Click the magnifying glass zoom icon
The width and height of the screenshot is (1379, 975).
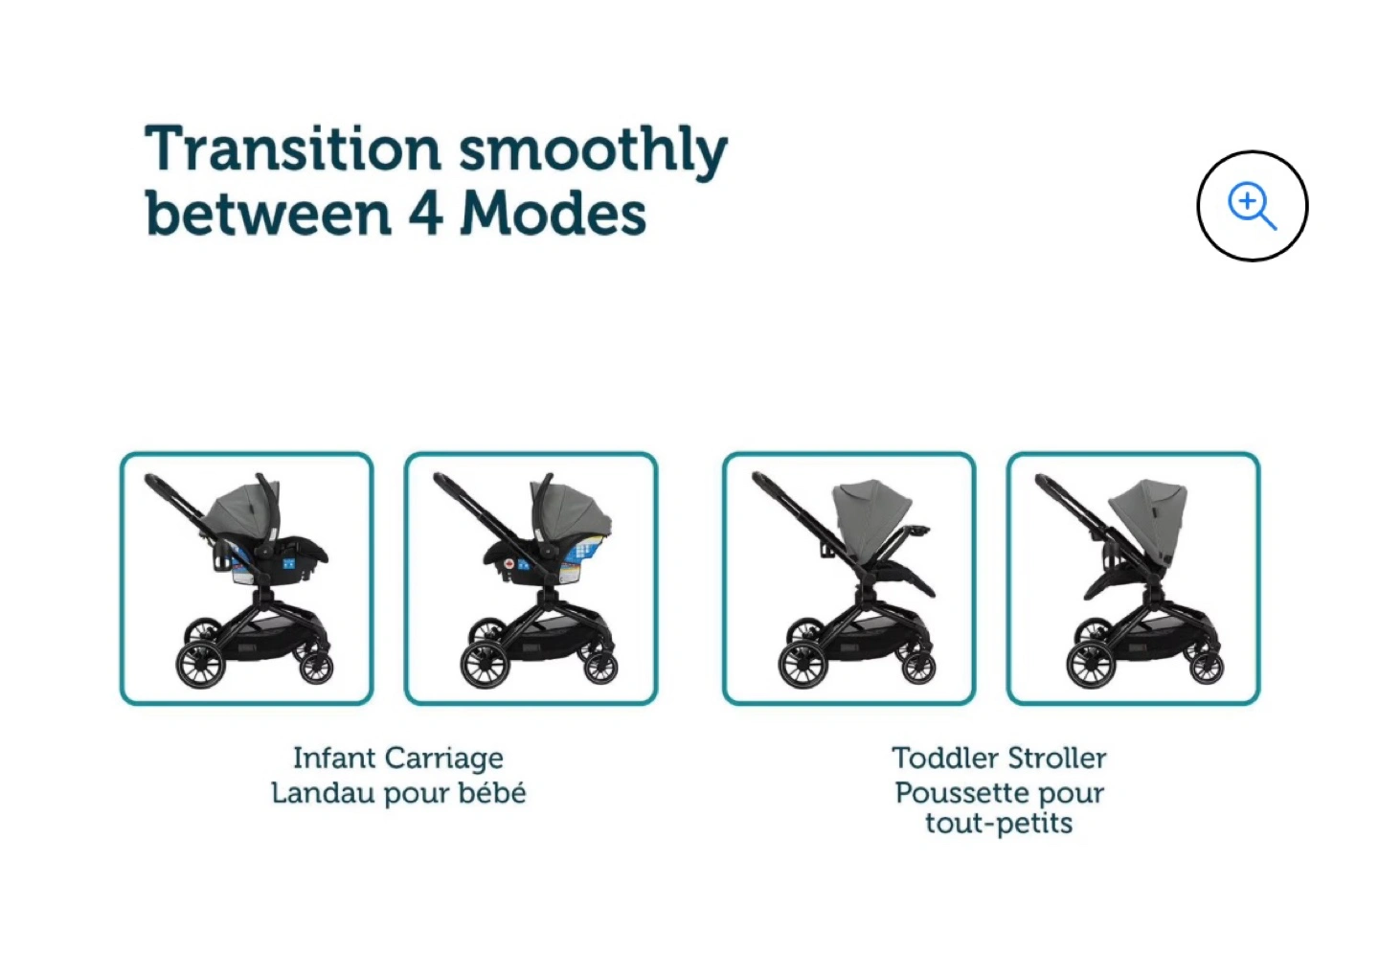[1253, 205]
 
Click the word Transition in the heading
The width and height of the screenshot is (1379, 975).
[292, 148]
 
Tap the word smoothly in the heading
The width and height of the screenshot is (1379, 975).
[594, 152]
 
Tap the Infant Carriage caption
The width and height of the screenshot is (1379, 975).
[398, 759]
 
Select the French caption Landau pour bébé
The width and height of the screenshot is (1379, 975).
[399, 792]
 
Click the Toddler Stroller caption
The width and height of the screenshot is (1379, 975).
[999, 758]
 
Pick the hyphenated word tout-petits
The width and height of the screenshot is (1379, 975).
[999, 823]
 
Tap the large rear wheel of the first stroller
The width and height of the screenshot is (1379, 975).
[201, 666]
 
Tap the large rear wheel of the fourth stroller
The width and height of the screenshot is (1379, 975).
[1091, 666]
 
